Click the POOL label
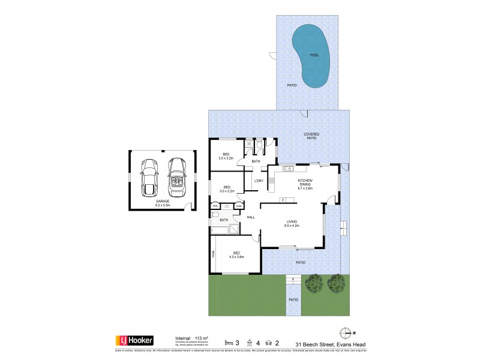point(314,55)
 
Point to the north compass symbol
point(346,332)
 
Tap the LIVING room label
point(292,224)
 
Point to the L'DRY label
point(259,181)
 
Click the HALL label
point(251,217)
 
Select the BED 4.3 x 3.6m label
point(237,254)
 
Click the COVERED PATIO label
point(311,136)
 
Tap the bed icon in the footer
point(229,342)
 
